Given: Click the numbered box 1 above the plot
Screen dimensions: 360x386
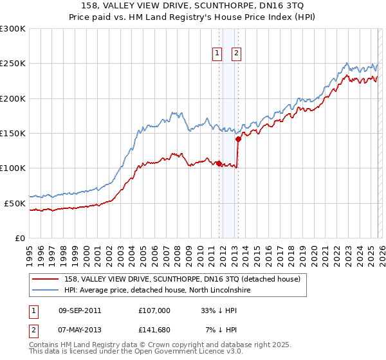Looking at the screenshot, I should [x=217, y=54].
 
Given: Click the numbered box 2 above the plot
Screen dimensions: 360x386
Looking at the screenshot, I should [x=236, y=54].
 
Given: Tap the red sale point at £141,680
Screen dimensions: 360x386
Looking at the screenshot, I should [x=238, y=138].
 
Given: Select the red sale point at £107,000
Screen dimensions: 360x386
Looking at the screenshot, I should [x=219, y=163].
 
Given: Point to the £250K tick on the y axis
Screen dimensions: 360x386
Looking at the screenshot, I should [x=12, y=64].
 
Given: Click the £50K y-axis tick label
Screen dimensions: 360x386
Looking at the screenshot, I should [x=15, y=203].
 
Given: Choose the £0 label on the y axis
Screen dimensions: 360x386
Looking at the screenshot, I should [x=19, y=238].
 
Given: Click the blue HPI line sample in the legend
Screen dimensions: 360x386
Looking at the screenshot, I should [x=45, y=290].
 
